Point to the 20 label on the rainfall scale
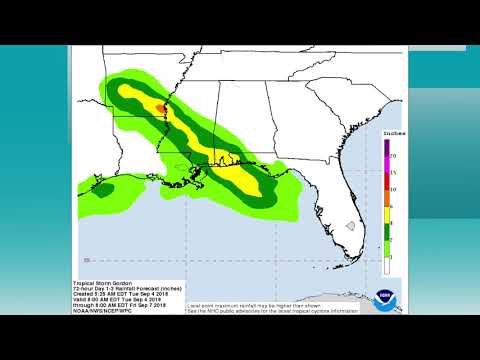pos(394,156)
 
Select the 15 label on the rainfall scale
pos(394,172)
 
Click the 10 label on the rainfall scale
pos(394,189)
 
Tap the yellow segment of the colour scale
pos(386,214)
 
